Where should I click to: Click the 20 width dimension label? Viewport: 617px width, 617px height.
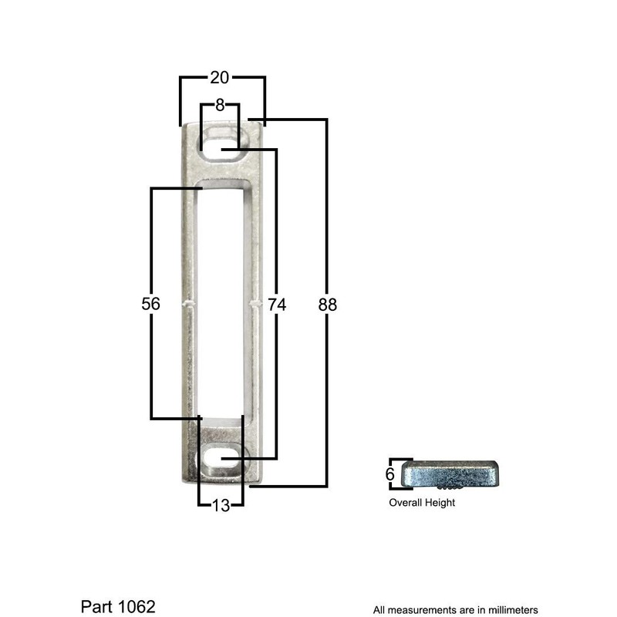pyautogui.click(x=220, y=77)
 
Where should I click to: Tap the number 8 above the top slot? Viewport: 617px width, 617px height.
pyautogui.click(x=220, y=106)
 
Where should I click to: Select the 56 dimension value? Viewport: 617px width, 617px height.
pyautogui.click(x=151, y=305)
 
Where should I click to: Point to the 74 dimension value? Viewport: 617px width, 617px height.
pyautogui.click(x=277, y=305)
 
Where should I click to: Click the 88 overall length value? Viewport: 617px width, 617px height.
pyautogui.click(x=328, y=305)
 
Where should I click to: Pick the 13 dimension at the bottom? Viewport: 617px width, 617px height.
pyautogui.click(x=221, y=506)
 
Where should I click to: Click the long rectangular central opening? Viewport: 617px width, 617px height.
pyautogui.click(x=221, y=301)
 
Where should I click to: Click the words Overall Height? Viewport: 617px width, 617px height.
pyautogui.click(x=422, y=503)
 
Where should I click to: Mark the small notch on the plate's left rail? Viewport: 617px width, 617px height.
pyautogui.click(x=187, y=304)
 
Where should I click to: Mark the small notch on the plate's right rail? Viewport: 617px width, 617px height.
pyautogui.click(x=256, y=304)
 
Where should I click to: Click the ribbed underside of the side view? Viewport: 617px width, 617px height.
pyautogui.click(x=448, y=488)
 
